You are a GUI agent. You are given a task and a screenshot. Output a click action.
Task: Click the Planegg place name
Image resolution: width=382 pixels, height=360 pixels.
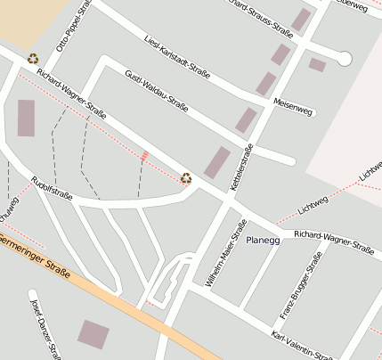click(263, 240)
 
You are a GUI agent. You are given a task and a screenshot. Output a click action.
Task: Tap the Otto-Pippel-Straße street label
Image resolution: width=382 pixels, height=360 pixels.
click(74, 24)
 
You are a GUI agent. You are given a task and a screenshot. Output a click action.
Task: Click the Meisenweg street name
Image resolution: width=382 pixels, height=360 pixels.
click(294, 105)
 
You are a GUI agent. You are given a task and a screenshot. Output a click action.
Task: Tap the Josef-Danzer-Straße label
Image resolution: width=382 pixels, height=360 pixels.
click(45, 329)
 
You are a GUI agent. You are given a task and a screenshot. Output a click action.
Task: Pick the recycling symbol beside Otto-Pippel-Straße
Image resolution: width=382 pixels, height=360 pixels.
click(33, 60)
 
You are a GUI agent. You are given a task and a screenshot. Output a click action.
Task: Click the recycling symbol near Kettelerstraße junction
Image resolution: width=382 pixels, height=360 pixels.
click(186, 178)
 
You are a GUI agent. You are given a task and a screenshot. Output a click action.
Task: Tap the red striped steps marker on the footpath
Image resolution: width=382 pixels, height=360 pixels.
click(144, 157)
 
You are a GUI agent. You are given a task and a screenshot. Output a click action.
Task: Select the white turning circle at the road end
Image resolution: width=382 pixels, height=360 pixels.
click(345, 59)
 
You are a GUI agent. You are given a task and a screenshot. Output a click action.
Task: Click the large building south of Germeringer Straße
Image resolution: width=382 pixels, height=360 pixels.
click(93, 335)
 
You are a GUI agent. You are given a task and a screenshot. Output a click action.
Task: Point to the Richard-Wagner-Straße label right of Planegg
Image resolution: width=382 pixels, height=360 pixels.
click(334, 241)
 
